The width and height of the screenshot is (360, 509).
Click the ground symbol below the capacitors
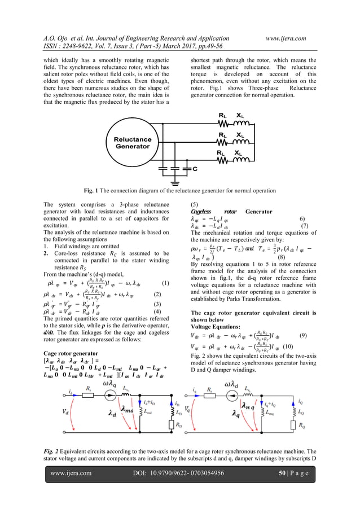coord(176,182)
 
